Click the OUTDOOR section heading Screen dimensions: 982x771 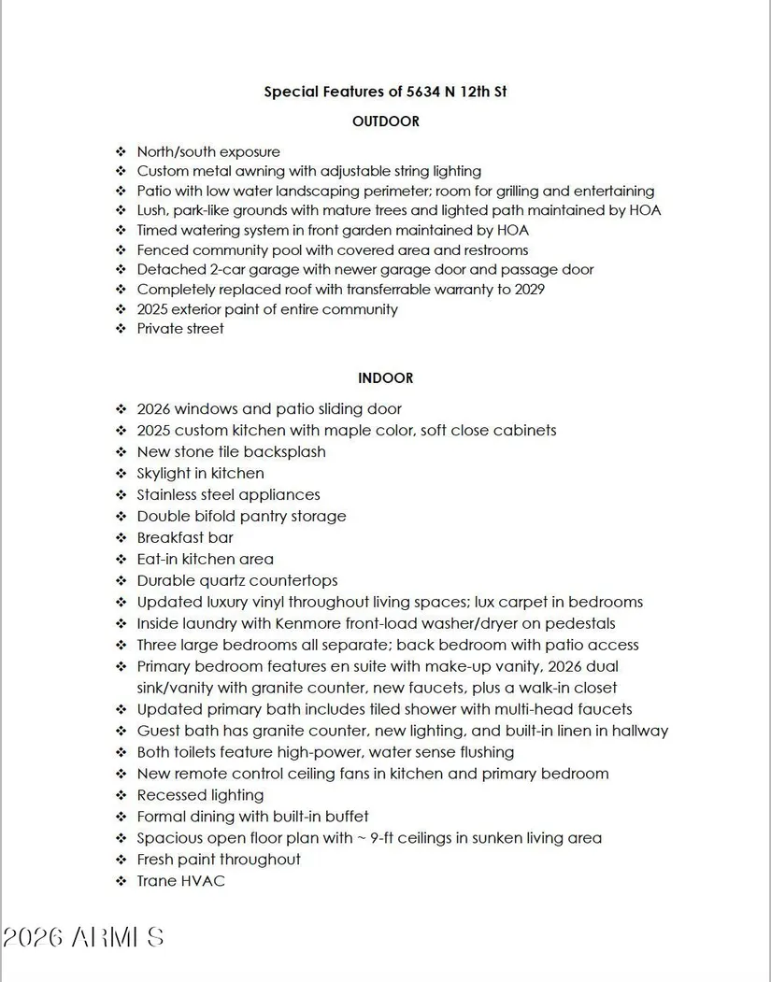(x=385, y=121)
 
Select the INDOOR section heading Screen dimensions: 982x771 (x=385, y=378)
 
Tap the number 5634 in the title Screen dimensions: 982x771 (x=426, y=92)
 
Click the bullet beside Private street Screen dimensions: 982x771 (x=121, y=329)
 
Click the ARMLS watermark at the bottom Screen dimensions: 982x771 (x=84, y=937)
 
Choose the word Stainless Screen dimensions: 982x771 (x=171, y=495)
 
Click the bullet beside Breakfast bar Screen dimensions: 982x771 (x=121, y=538)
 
